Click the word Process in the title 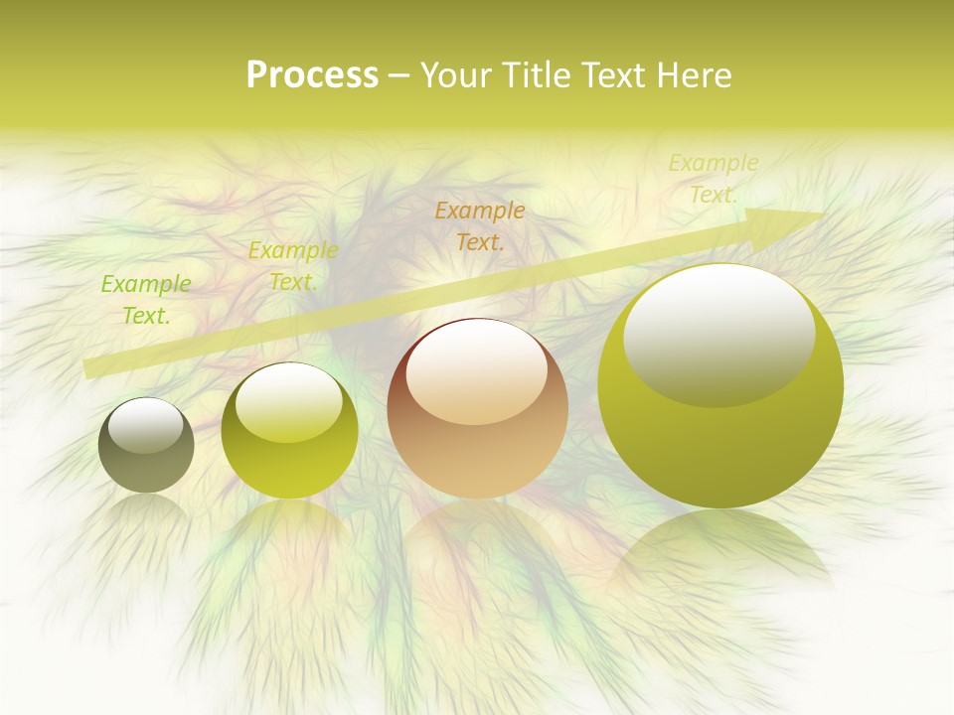coord(312,75)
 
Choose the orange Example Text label coord(480,225)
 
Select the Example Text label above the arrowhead coord(713,179)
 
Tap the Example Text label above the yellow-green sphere coord(293,266)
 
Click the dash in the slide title coord(398,75)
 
